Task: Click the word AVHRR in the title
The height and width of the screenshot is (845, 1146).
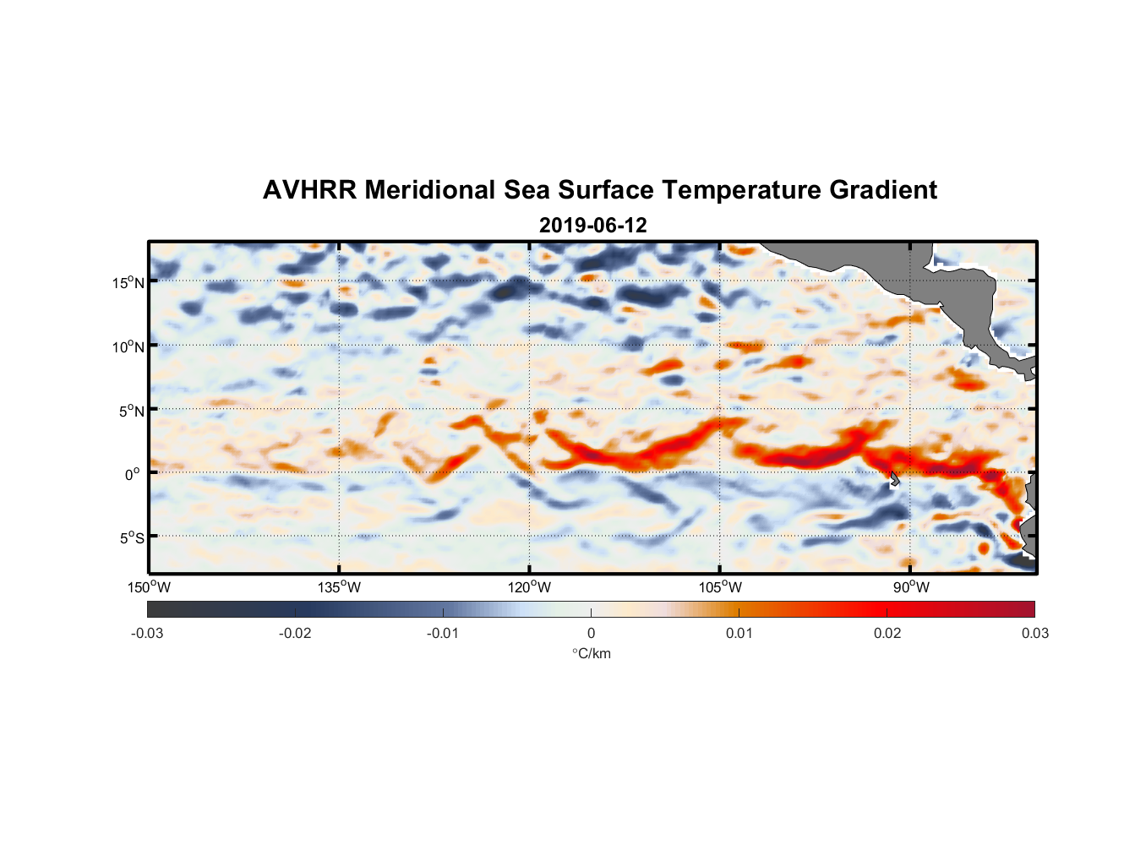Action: point(309,190)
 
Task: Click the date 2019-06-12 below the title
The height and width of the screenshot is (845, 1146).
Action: point(592,226)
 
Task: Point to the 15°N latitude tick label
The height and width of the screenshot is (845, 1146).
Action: point(128,283)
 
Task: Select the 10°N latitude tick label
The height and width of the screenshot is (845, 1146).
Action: point(128,346)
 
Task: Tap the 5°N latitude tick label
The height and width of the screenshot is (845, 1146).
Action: point(131,411)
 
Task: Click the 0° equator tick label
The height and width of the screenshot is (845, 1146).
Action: point(133,474)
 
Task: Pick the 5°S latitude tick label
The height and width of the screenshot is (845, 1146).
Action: point(131,538)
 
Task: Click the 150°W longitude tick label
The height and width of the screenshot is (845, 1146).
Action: point(150,587)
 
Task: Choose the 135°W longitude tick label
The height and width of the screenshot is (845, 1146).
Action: point(340,587)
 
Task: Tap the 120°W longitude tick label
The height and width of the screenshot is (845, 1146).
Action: point(530,587)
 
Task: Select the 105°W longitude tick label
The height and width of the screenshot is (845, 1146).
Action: point(720,587)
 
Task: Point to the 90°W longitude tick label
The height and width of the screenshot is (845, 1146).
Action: point(911,587)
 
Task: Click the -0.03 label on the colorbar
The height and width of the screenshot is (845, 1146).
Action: point(147,633)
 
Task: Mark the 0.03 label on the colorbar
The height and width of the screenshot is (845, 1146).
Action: point(1034,633)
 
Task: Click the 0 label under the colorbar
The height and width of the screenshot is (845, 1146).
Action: point(591,633)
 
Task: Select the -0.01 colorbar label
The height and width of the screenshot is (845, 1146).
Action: point(443,633)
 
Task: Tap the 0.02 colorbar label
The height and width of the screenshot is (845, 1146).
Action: point(887,633)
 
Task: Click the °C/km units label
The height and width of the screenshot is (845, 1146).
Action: point(591,653)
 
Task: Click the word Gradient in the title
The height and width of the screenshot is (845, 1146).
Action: point(883,190)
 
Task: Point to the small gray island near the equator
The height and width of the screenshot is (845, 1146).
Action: point(894,479)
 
